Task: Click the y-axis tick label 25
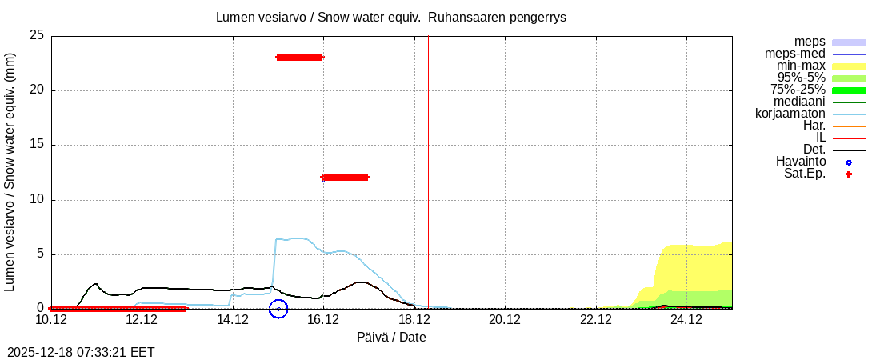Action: coord(36,35)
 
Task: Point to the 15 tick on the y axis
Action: coord(36,145)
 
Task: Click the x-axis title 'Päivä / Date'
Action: coord(391,338)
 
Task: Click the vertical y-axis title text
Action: coord(11,172)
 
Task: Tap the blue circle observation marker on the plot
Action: coord(278,308)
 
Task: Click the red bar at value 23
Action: coord(299,57)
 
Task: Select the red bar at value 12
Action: coord(345,177)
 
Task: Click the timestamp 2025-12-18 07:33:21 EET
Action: coord(81,352)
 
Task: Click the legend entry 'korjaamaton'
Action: coord(790,114)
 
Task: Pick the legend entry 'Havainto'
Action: coord(801,162)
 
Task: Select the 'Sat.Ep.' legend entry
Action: coord(805,174)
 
